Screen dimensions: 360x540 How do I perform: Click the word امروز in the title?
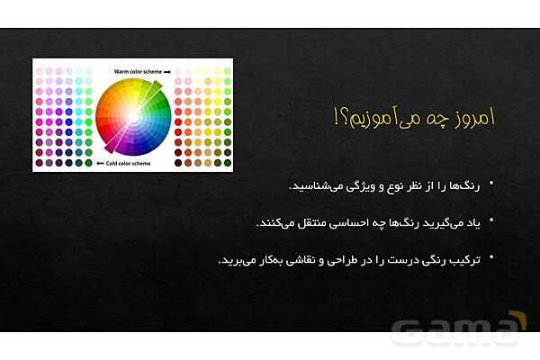(472, 118)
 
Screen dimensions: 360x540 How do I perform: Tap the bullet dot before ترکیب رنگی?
(492, 259)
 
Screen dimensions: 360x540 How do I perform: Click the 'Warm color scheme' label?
(135, 69)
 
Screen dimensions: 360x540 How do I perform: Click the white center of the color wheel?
(133, 116)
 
